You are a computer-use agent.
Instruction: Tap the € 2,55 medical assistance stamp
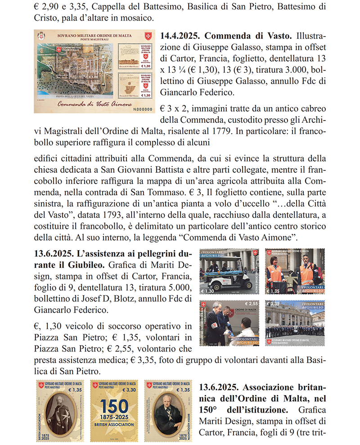228,323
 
